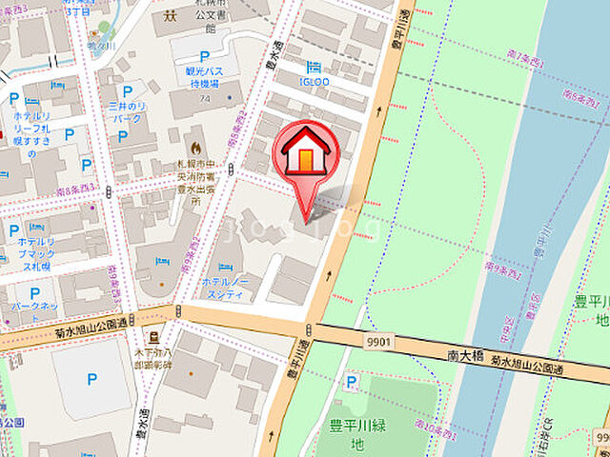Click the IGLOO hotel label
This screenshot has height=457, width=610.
(x=314, y=82)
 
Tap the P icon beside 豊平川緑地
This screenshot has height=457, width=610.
(x=353, y=383)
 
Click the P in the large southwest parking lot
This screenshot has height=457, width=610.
(x=91, y=379)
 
